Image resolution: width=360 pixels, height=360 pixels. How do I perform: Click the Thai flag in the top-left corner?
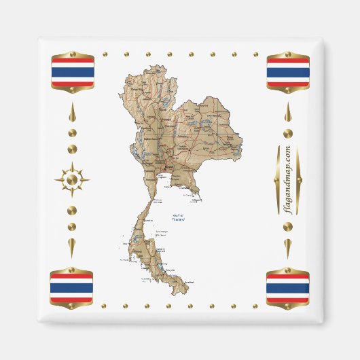72,72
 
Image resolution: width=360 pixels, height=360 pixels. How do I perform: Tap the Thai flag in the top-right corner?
288,72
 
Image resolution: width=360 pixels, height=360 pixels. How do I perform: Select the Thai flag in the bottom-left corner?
72,287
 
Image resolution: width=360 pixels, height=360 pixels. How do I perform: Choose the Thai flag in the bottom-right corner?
288,287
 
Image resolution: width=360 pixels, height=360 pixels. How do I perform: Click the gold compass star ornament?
72,180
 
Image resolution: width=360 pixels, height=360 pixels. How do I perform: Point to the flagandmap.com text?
288,180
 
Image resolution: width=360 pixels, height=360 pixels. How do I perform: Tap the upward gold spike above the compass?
72,115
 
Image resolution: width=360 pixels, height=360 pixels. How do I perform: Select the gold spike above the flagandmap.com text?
288,115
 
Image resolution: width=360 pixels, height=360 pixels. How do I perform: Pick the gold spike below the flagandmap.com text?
288,245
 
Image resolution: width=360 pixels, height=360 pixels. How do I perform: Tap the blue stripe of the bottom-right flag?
288,287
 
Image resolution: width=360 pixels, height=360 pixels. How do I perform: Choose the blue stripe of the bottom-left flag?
72,287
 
